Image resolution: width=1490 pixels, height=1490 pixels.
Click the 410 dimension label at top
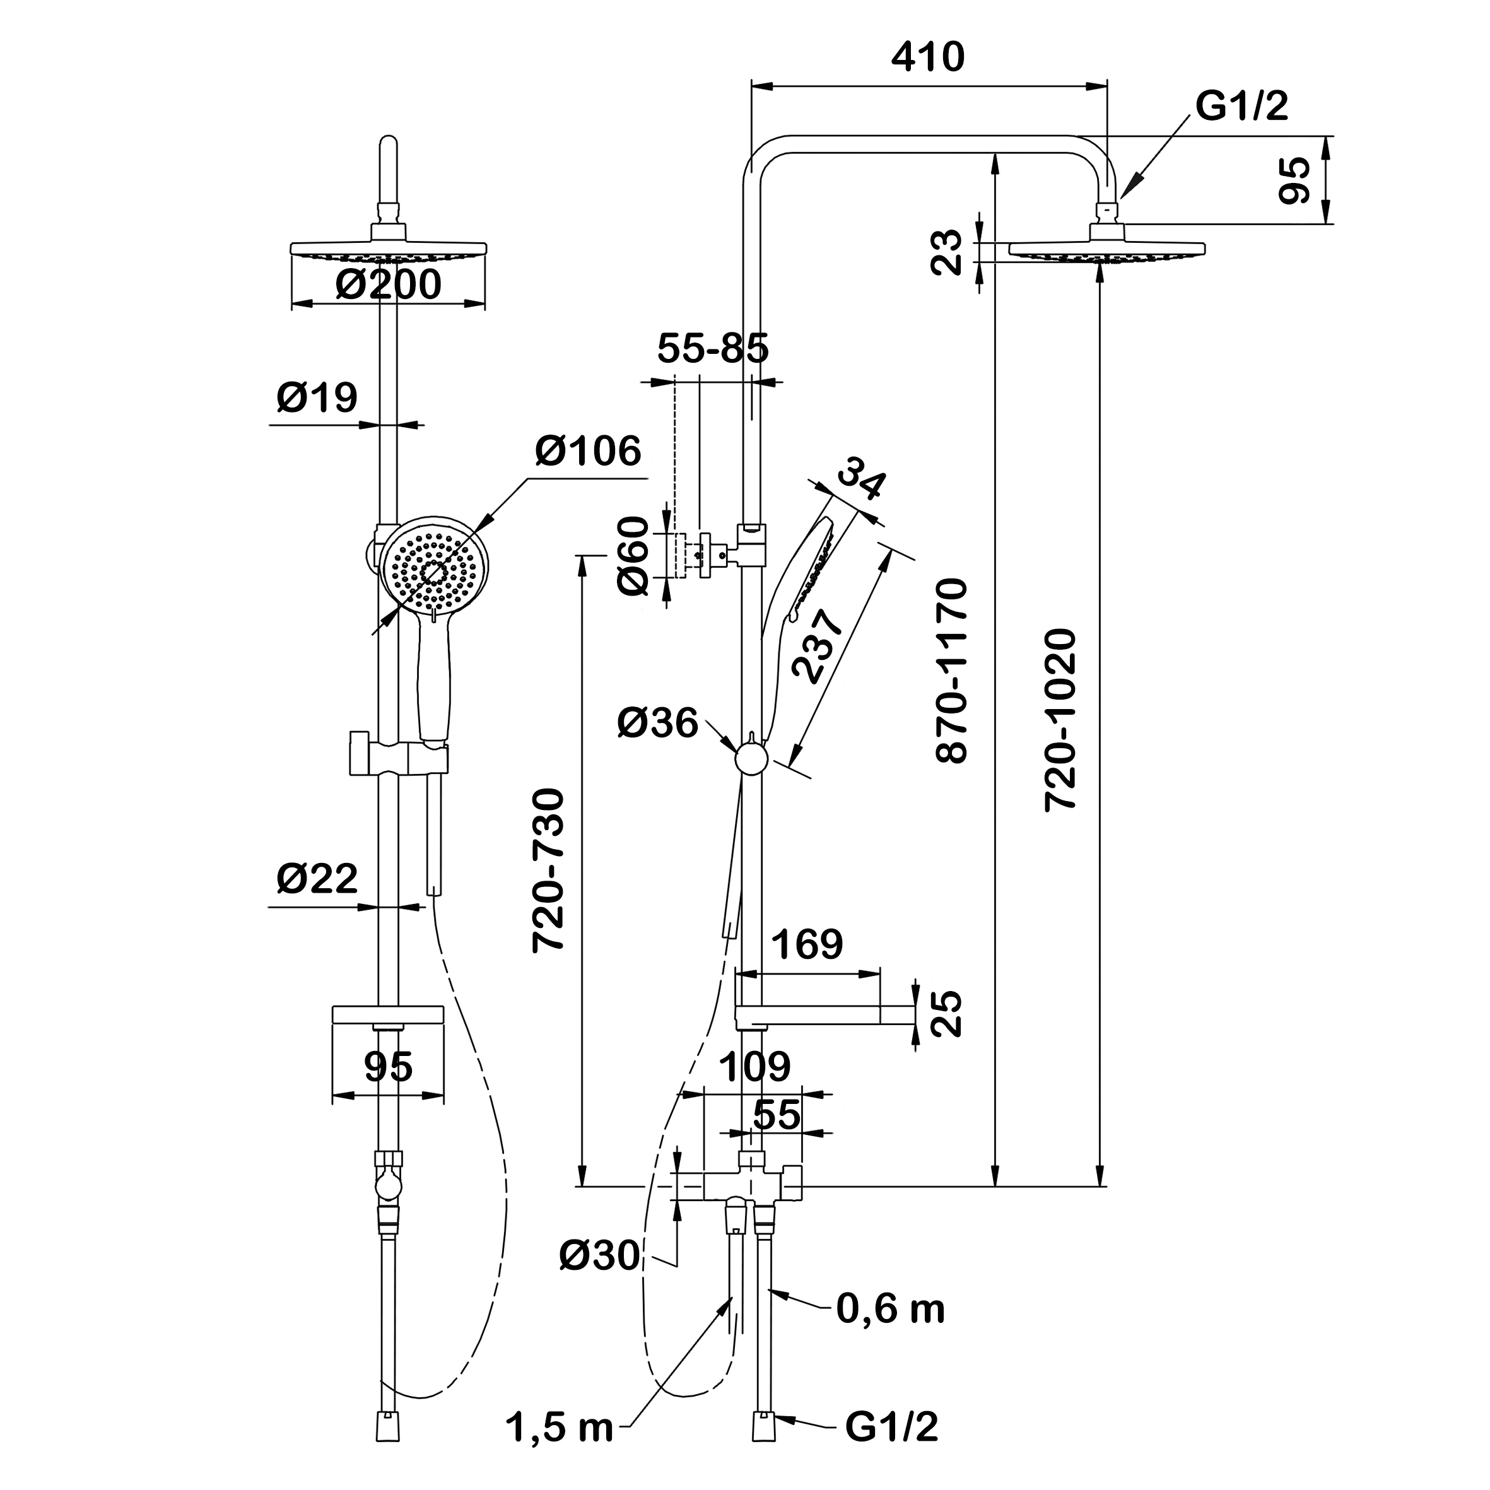point(928,58)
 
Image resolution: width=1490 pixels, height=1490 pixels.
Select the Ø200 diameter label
point(388,285)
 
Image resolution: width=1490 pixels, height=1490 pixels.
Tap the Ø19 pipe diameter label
point(317,398)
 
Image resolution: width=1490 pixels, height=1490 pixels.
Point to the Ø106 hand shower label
point(589,451)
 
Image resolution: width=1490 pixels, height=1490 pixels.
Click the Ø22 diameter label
point(317,879)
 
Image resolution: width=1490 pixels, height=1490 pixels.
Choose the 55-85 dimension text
point(713,349)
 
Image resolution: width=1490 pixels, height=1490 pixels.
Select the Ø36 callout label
point(657,724)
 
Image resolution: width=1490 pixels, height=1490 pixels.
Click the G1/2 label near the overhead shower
point(1241,105)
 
